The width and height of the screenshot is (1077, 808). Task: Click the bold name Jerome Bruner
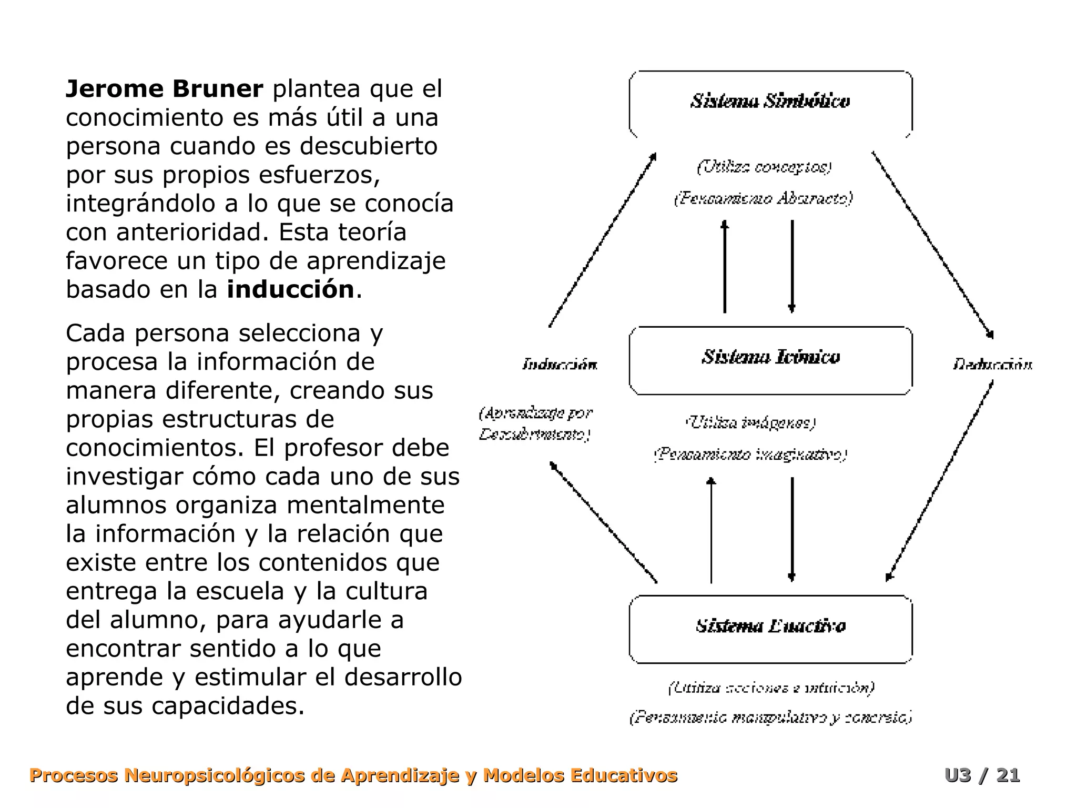164,89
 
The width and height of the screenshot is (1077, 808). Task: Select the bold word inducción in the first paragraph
290,289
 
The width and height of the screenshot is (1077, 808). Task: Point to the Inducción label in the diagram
560,364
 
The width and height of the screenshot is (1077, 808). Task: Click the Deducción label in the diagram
992,364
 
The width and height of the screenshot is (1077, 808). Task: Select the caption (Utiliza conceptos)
764,167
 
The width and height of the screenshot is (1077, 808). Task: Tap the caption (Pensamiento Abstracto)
763,198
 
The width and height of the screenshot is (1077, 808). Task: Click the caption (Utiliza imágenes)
750,422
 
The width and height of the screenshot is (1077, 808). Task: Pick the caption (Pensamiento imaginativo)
750,454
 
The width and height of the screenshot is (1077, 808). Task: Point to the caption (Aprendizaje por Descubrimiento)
535,424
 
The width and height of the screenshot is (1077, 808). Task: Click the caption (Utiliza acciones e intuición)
771,688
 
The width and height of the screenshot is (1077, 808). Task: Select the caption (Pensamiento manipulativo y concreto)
770,717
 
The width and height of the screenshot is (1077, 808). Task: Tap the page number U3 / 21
982,775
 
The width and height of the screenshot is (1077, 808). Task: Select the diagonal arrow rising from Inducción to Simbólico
603,240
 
